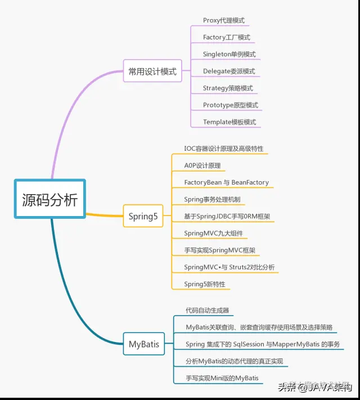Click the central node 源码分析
[49, 200]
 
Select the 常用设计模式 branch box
[152, 71]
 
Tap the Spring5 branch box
[143, 216]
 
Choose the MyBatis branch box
[143, 344]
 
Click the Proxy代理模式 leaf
[223, 21]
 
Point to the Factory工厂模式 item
[226, 38]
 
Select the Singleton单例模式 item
[229, 55]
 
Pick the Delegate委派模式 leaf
[228, 71]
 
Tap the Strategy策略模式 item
[227, 88]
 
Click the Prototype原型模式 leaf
[230, 105]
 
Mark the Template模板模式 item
[229, 122]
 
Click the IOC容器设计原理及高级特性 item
[223, 149]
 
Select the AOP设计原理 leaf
[202, 166]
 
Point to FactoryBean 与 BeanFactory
[226, 183]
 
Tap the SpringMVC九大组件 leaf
[213, 233]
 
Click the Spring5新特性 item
[204, 284]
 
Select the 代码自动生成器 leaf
[207, 311]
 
